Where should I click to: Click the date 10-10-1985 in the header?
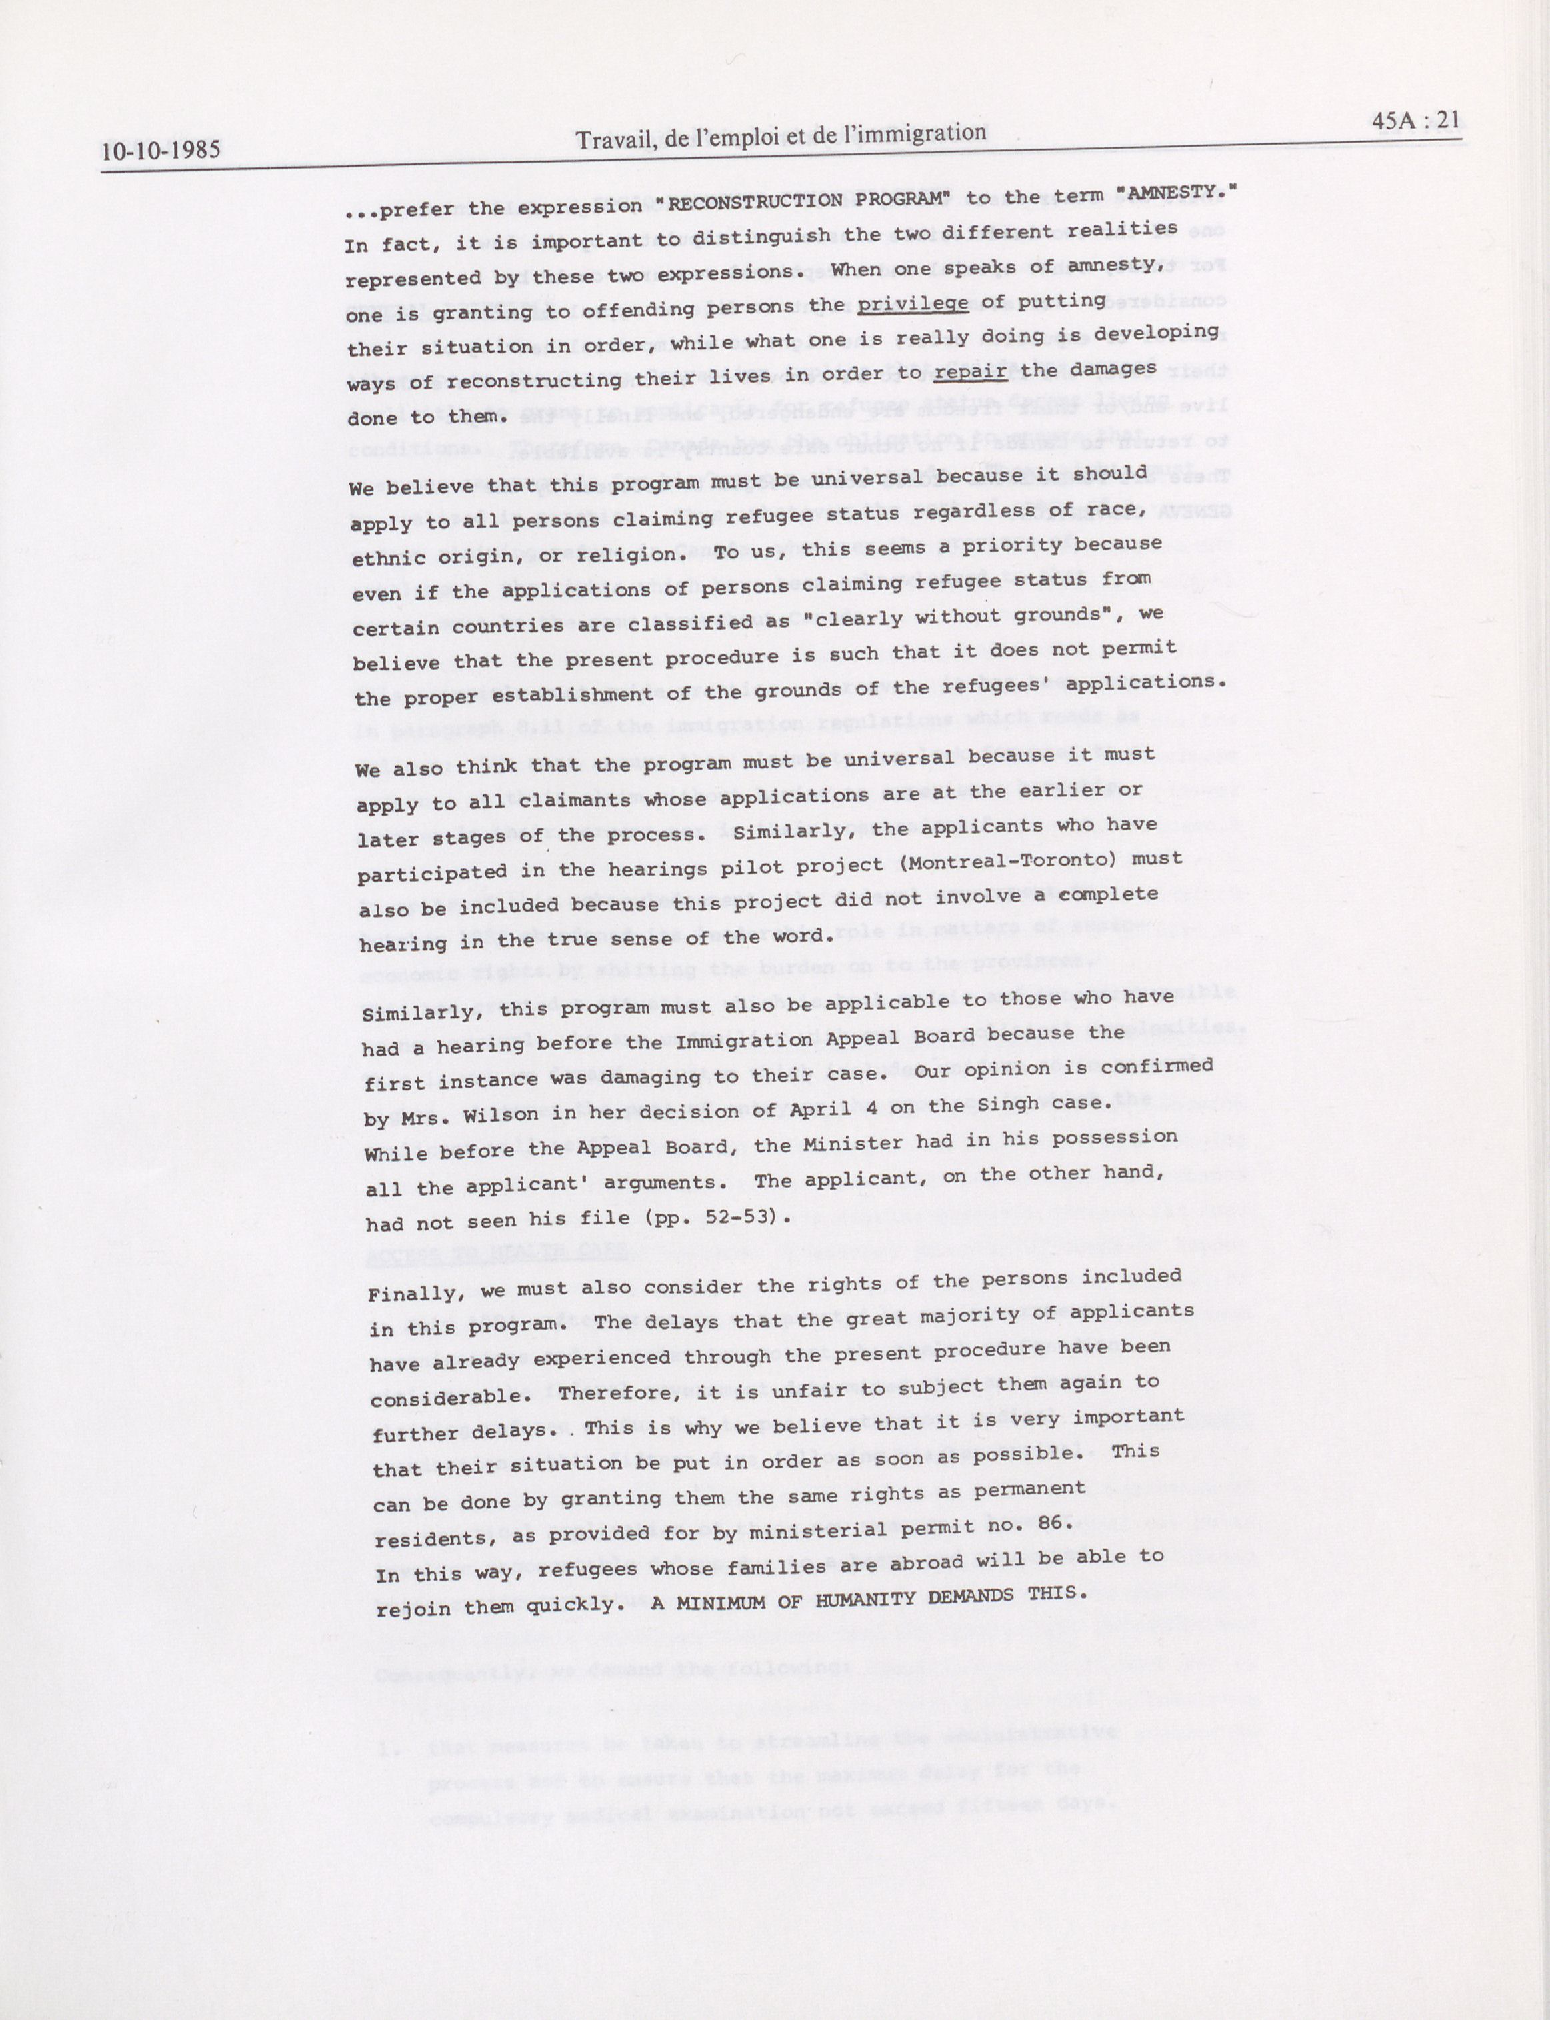coord(161,151)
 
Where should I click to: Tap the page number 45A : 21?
coord(1415,120)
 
